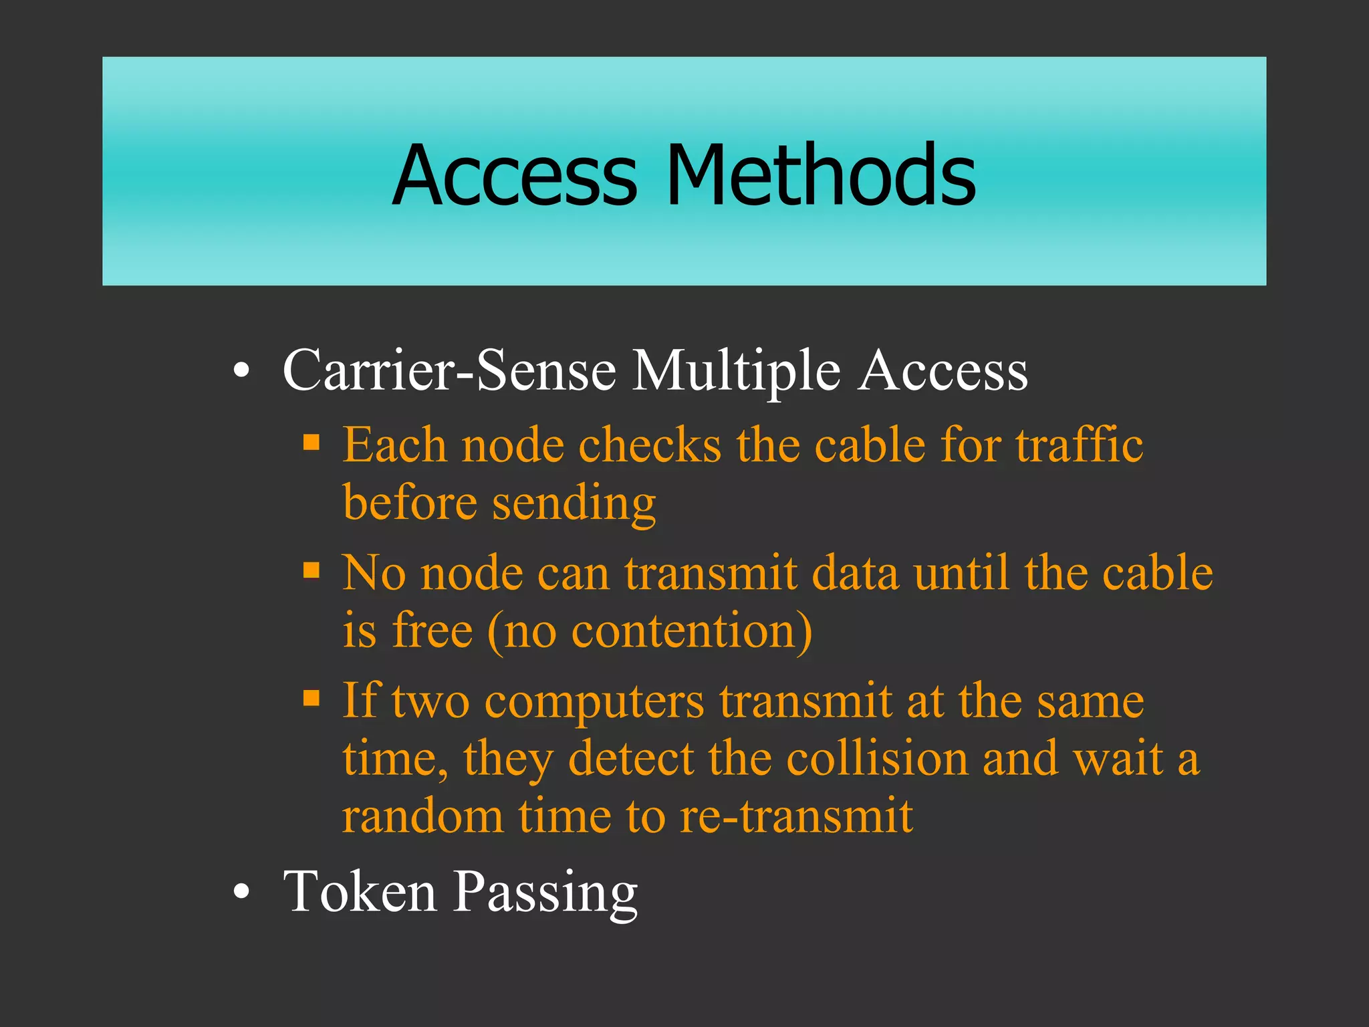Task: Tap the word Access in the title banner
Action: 515,175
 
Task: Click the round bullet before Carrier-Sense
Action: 242,371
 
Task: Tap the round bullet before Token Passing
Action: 242,892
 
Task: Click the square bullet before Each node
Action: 312,442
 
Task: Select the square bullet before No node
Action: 312,570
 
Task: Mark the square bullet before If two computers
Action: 312,698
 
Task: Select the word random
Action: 423,816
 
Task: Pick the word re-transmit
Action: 796,816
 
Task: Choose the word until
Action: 961,573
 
